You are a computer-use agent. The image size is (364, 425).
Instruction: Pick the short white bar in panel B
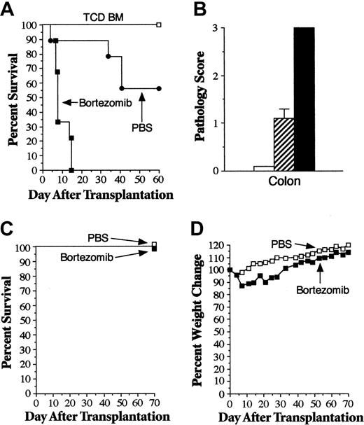262,168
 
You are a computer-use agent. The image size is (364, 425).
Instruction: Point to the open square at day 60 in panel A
159,25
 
